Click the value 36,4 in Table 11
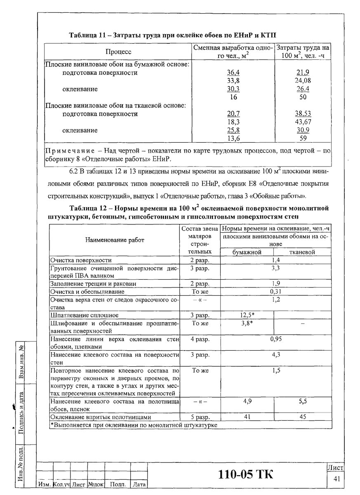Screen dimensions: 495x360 tap(233, 73)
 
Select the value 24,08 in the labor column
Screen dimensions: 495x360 tap(302, 81)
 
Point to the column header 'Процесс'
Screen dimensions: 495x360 tap(118, 52)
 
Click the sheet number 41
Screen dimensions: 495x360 tap(336, 478)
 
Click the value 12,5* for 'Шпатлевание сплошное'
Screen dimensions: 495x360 tap(247, 316)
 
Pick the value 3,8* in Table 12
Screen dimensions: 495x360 tap(247, 323)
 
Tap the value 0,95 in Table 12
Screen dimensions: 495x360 tap(276, 339)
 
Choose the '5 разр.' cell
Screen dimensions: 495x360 tap(200, 417)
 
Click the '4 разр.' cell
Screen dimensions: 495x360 tap(200, 339)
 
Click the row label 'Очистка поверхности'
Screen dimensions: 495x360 tap(81, 260)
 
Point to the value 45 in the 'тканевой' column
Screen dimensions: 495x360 tap(303, 417)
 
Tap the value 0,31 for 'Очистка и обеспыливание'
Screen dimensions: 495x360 tap(276, 292)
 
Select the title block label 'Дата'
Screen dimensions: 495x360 tap(139, 484)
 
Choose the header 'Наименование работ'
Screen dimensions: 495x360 tap(115, 240)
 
